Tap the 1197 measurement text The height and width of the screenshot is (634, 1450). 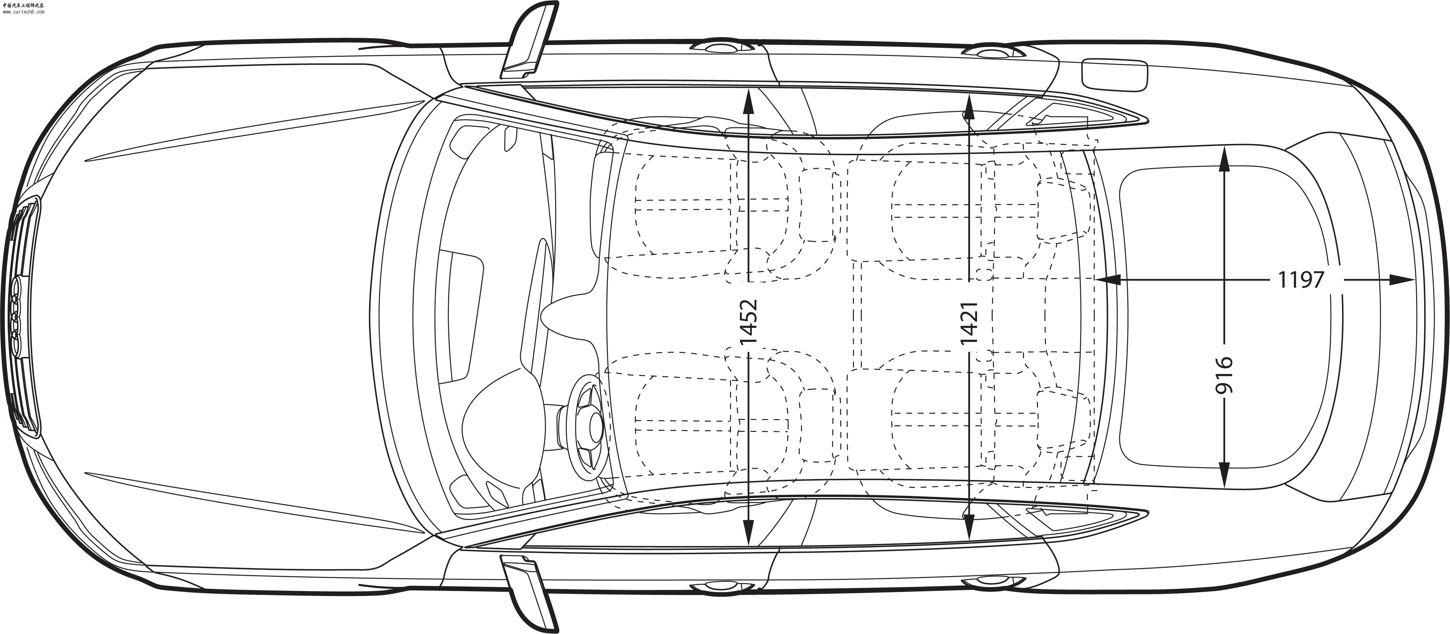pos(1301,280)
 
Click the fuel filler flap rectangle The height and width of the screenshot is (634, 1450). pos(1114,74)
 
